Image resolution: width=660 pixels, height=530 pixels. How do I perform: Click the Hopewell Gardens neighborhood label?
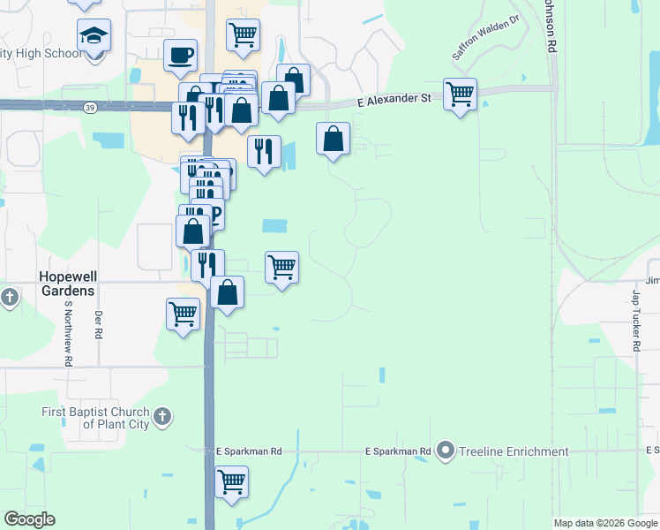point(67,283)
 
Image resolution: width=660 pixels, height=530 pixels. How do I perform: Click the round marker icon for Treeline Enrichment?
point(446,451)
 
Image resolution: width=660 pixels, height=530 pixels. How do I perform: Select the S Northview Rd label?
point(68,333)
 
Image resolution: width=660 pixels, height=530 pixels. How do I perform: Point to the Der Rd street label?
point(98,325)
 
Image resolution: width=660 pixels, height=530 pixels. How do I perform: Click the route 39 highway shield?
point(90,106)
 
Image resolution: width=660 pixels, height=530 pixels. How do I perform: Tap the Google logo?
point(29,519)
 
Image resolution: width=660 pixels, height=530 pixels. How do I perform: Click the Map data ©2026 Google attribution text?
point(605,523)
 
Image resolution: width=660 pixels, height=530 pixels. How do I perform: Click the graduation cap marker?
point(94,35)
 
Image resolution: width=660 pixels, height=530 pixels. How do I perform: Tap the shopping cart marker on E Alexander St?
point(460,93)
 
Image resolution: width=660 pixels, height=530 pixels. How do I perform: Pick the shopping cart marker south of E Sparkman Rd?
point(231,482)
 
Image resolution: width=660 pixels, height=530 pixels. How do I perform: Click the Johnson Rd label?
point(551,26)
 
